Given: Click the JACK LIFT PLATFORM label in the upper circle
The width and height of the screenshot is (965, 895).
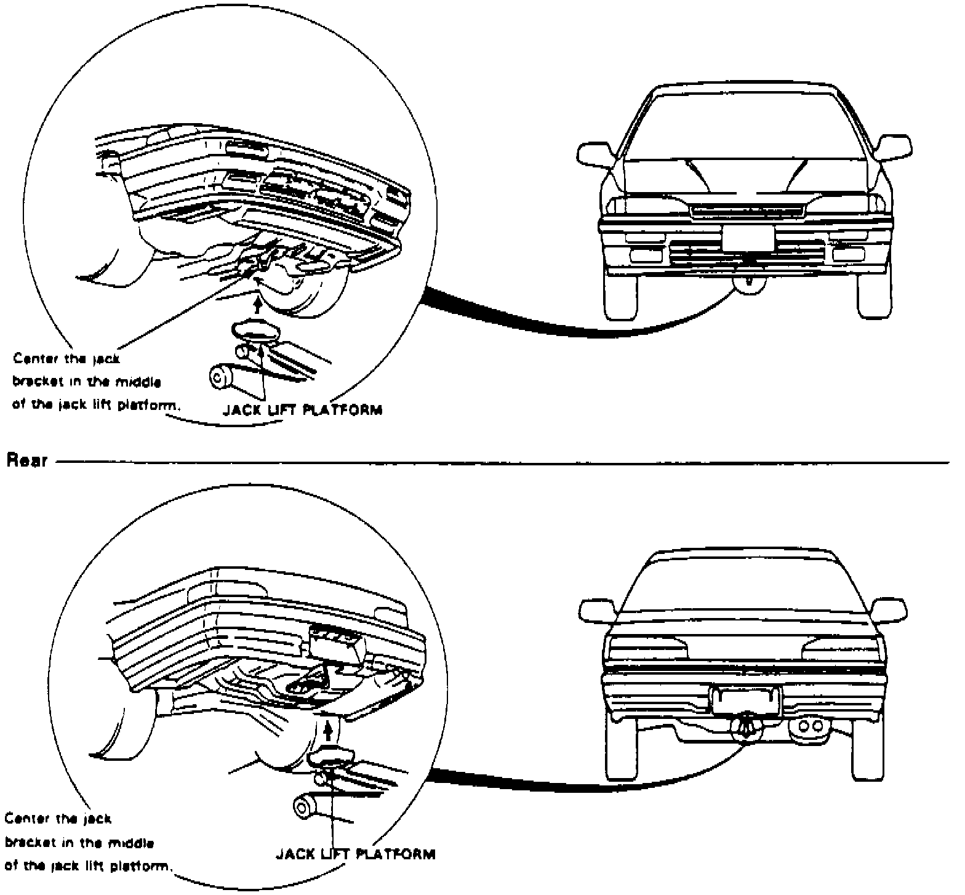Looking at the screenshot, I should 302,410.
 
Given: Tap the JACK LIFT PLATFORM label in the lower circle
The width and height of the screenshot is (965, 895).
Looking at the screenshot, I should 355,854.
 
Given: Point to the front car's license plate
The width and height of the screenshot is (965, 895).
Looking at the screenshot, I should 748,238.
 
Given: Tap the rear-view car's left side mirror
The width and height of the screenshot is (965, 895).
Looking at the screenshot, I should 598,609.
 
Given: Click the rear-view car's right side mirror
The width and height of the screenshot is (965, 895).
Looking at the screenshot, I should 889,609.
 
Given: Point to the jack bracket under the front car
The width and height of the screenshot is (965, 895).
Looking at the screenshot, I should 748,284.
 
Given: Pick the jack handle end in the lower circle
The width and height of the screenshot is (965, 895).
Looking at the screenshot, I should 302,806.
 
